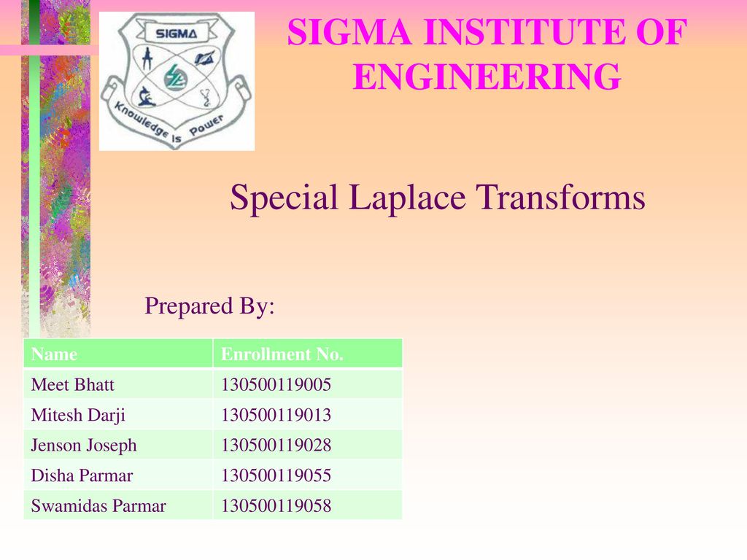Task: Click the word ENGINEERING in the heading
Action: point(487,77)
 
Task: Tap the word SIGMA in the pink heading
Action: point(349,32)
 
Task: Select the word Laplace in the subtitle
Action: point(407,198)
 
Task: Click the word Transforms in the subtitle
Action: point(561,197)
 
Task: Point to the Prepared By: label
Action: point(209,306)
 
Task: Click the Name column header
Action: point(54,354)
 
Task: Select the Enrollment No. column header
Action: point(282,354)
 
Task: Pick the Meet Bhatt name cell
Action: point(72,385)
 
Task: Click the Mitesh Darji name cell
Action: point(78,415)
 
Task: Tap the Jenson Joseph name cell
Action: point(84,446)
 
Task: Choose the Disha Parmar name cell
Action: point(82,475)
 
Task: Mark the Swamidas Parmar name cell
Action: point(98,506)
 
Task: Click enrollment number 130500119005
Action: point(276,385)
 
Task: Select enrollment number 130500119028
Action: point(276,446)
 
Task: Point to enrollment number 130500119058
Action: point(276,506)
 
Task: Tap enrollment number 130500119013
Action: point(276,415)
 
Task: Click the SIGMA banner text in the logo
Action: point(177,34)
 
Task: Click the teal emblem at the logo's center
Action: point(175,78)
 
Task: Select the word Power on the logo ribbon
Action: point(206,125)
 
